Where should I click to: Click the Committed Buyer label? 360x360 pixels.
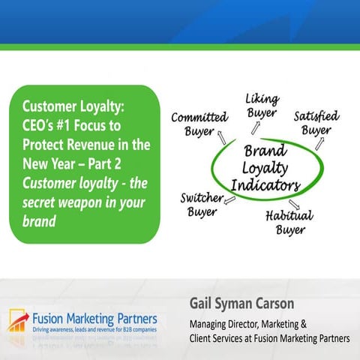click(199, 124)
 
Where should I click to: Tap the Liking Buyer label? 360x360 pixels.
click(262, 106)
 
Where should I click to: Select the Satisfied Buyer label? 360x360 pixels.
click(316, 122)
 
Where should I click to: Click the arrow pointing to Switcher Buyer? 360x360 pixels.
click(229, 199)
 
